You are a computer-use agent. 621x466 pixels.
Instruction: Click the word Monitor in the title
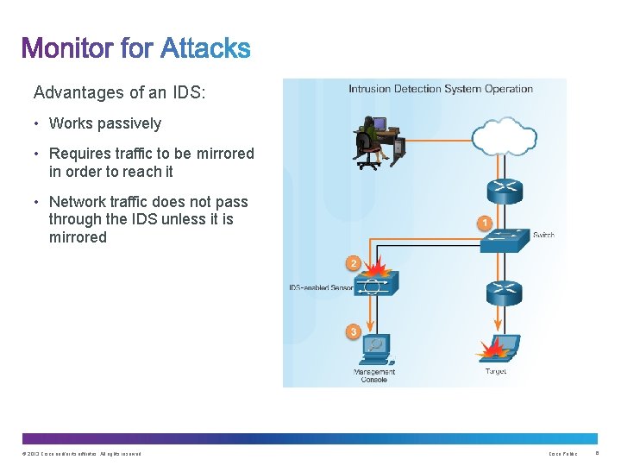click(x=68, y=47)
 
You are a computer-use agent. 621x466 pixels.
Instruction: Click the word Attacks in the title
click(x=205, y=47)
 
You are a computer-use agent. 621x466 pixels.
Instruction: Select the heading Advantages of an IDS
click(x=120, y=91)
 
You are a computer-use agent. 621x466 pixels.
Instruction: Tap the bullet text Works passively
click(x=105, y=123)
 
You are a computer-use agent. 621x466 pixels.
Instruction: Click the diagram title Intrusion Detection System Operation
click(x=441, y=89)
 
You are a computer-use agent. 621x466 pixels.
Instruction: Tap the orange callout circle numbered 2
click(x=352, y=262)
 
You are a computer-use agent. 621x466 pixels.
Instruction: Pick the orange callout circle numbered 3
click(x=353, y=331)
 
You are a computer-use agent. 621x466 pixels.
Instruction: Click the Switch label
click(x=543, y=235)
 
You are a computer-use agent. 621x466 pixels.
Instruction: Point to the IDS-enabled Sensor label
click(x=318, y=287)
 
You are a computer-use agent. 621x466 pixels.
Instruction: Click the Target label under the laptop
click(x=497, y=371)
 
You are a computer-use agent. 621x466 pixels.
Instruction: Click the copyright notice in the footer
click(x=82, y=454)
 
